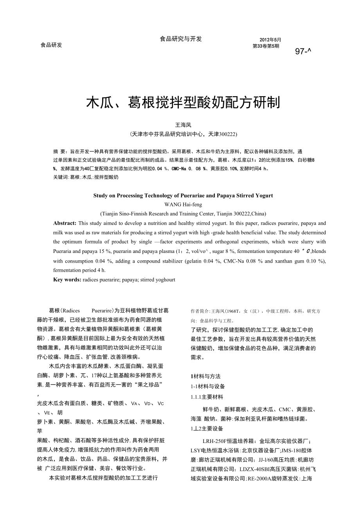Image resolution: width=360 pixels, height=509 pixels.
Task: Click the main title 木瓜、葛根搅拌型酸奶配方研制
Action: (x=183, y=103)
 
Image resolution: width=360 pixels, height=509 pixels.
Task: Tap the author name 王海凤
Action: (x=183, y=125)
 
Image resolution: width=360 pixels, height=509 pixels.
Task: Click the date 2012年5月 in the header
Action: (x=270, y=40)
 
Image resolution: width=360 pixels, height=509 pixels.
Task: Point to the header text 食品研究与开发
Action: (x=181, y=39)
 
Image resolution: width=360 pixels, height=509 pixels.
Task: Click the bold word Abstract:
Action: (x=65, y=223)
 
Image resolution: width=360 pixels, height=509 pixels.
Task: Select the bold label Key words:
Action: (x=67, y=280)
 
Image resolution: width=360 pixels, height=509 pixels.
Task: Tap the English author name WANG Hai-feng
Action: (x=183, y=204)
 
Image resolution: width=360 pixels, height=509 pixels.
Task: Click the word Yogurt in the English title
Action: (x=263, y=195)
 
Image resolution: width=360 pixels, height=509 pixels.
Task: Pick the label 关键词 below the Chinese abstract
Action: (x=61, y=177)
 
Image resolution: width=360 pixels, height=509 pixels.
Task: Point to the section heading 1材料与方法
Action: (x=205, y=376)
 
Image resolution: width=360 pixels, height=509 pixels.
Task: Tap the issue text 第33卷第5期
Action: (x=266, y=46)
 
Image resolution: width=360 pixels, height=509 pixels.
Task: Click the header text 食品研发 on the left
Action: (x=51, y=45)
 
